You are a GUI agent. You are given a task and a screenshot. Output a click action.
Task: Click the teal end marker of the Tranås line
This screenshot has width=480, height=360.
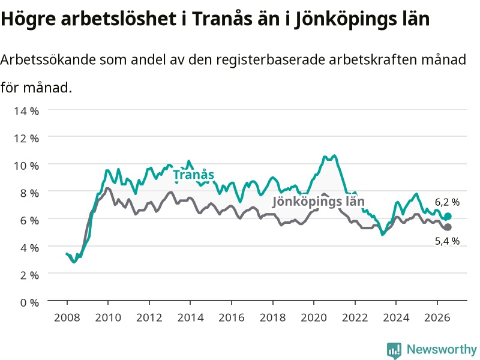pyautogui.click(x=448, y=217)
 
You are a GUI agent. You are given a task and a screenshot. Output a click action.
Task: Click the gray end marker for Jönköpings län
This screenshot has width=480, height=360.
pyautogui.click(x=448, y=227)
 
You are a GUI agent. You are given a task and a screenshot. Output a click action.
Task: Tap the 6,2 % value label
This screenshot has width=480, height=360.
pyautogui.click(x=447, y=202)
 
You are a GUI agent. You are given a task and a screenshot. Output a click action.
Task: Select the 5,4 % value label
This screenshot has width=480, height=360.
pyautogui.click(x=447, y=241)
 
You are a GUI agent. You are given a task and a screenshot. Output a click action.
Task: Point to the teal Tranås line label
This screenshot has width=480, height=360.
pyautogui.click(x=193, y=175)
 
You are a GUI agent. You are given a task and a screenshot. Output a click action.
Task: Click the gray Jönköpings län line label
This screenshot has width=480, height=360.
pyautogui.click(x=319, y=202)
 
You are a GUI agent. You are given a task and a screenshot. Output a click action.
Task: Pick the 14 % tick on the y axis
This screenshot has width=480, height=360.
pyautogui.click(x=26, y=111)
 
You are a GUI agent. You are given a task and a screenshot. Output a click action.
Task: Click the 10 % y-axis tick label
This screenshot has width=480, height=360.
pyautogui.click(x=26, y=166)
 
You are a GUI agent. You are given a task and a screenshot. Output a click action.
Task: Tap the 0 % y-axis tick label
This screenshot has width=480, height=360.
pyautogui.click(x=29, y=302)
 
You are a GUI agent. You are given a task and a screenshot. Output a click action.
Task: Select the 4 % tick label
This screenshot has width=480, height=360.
pyautogui.click(x=29, y=248)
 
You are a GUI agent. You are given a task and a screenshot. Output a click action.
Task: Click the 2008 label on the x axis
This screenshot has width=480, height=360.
pyautogui.click(x=67, y=317)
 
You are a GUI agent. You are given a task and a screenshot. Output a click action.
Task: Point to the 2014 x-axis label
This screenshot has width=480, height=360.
pyautogui.click(x=190, y=317)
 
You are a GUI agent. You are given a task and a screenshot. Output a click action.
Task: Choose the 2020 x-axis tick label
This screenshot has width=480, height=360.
pyautogui.click(x=314, y=317)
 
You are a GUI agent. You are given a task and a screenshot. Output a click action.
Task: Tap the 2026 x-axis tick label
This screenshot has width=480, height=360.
pyautogui.click(x=437, y=317)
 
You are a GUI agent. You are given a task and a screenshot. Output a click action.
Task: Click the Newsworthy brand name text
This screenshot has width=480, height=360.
pyautogui.click(x=442, y=349)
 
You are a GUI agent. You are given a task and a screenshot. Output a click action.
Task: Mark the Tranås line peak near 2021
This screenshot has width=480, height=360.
pyautogui.click(x=334, y=155)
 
